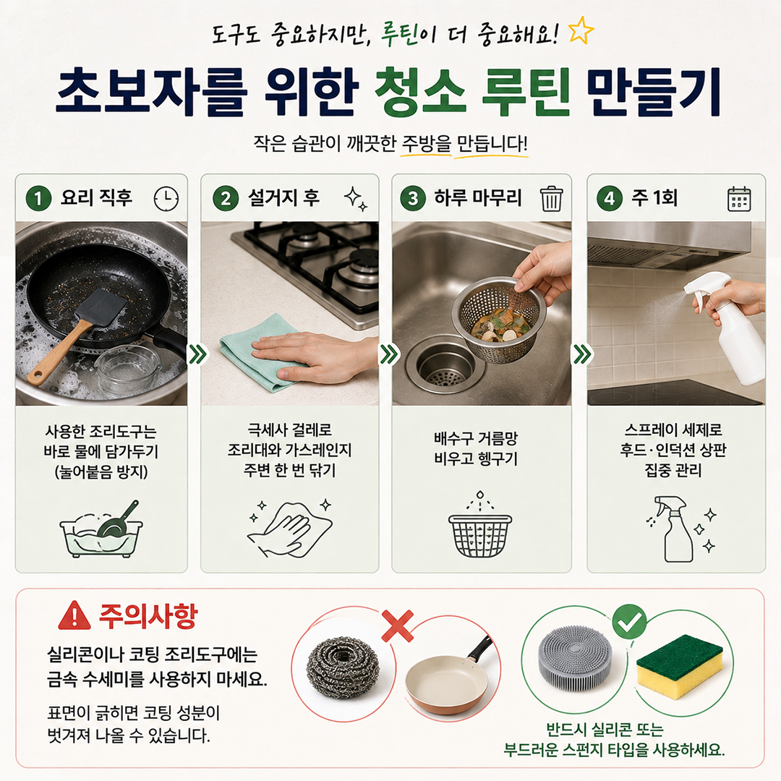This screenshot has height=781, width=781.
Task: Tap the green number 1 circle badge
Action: point(38,198)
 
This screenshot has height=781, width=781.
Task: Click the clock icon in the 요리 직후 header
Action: point(166,199)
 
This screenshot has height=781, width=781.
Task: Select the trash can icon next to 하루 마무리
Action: point(551,198)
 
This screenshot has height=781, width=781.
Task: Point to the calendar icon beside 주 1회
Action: point(738,199)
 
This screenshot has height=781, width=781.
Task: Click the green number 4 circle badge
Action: point(610,198)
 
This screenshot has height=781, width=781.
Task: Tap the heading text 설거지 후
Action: point(283,197)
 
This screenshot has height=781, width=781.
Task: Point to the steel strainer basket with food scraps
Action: point(499,319)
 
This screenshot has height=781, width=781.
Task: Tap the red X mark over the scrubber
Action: point(398,626)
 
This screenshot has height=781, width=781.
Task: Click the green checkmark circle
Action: point(630,621)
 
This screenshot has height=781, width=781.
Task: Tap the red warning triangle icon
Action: point(74,615)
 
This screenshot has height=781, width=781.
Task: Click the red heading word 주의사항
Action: point(148,616)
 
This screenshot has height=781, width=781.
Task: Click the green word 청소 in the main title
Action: point(420,91)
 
